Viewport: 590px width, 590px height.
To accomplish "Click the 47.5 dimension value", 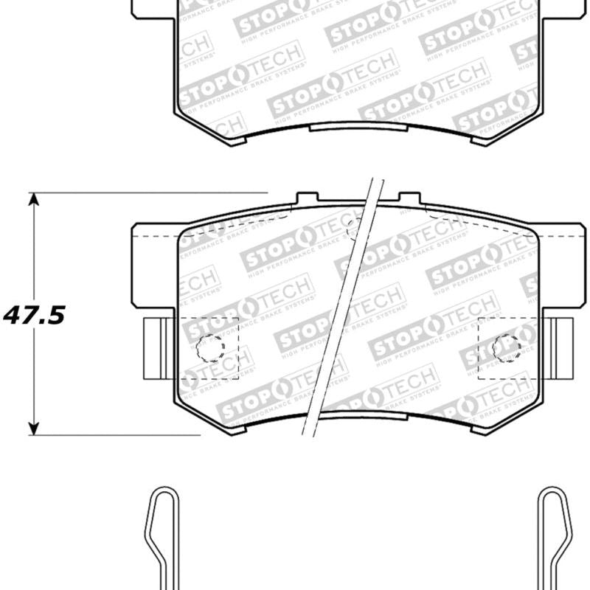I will click(x=35, y=315).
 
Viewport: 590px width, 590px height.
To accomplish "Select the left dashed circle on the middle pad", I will click(x=210, y=347).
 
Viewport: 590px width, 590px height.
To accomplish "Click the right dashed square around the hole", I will click(x=509, y=347).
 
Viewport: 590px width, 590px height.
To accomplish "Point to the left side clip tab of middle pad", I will click(x=156, y=346).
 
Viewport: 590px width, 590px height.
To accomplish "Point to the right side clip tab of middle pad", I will click(x=562, y=346).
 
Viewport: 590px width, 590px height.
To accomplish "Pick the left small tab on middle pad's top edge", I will click(x=307, y=198).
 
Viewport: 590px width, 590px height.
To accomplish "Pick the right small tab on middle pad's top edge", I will click(x=409, y=198).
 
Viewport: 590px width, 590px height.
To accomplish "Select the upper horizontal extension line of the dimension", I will click(x=147, y=193).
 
